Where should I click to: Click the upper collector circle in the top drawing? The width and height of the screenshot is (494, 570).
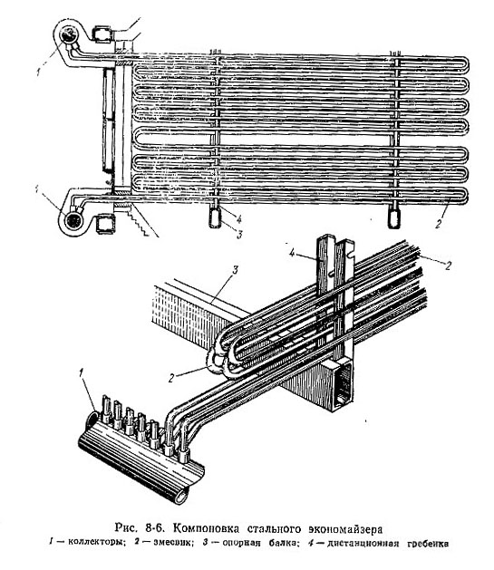(68, 35)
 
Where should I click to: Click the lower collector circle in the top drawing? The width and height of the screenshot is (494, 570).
(73, 220)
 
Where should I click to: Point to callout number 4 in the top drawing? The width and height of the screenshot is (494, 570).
(238, 218)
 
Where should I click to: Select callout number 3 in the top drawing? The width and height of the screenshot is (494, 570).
(238, 235)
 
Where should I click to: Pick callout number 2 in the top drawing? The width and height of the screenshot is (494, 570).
(439, 223)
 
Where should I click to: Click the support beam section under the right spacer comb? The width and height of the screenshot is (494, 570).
(393, 218)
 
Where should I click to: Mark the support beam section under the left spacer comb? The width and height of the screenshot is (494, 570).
(215, 217)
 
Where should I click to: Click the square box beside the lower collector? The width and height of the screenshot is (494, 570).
(105, 223)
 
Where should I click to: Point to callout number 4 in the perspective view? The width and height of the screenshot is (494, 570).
(292, 252)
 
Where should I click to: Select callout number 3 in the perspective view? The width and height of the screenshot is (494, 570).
(235, 270)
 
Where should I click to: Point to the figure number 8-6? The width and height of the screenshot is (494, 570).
(155, 527)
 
